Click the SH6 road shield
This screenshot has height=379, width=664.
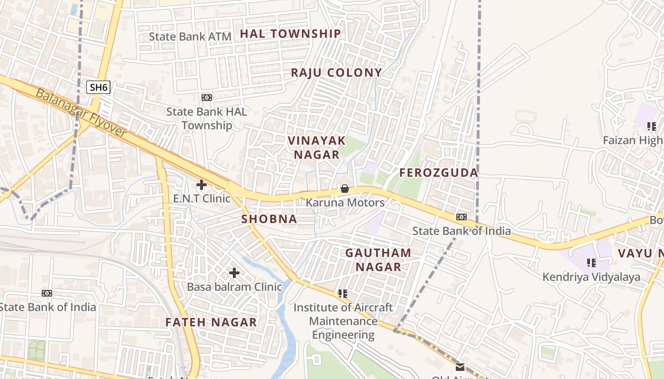[x=99, y=87]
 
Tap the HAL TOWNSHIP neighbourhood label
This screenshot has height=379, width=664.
[x=290, y=34]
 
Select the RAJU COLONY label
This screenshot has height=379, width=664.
[x=336, y=72]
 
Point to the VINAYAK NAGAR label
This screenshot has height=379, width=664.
[x=317, y=147]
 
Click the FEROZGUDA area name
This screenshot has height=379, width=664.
[x=439, y=173]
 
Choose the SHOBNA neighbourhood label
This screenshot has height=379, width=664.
[x=269, y=219]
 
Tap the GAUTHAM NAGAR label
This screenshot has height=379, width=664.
[x=378, y=260]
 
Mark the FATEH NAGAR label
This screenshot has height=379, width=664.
[x=211, y=323]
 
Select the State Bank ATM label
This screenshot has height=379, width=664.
[x=190, y=36]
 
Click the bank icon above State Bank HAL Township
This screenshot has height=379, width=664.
[x=207, y=98]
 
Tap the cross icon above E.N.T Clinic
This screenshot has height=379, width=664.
[x=202, y=185]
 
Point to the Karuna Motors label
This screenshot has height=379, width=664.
[x=345, y=203]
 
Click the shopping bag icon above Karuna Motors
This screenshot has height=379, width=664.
[x=345, y=189]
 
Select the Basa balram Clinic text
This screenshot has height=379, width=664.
[x=234, y=287]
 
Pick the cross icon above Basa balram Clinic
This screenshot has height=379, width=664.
[x=234, y=273]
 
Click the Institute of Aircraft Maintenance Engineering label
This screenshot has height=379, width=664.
[x=343, y=321]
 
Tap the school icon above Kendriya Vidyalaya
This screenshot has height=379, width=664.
[x=591, y=262]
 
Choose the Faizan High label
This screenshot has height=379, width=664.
[x=633, y=141]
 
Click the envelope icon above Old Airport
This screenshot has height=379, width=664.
[x=460, y=367]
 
